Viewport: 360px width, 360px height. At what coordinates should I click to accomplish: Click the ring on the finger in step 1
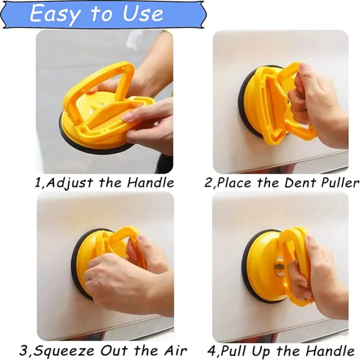click(156, 124)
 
